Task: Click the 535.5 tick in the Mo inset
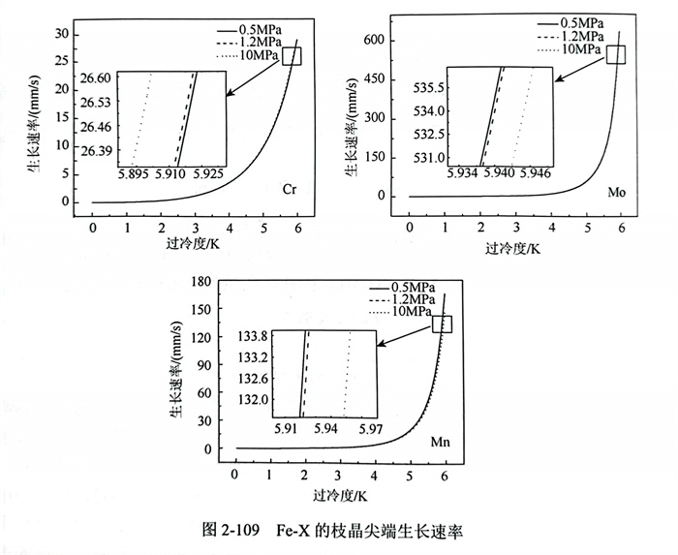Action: (426, 88)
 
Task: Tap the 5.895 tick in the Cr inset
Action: (133, 174)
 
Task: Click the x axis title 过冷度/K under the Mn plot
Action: (339, 496)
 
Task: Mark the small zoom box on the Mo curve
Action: (617, 54)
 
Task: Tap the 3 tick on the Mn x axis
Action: (339, 477)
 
